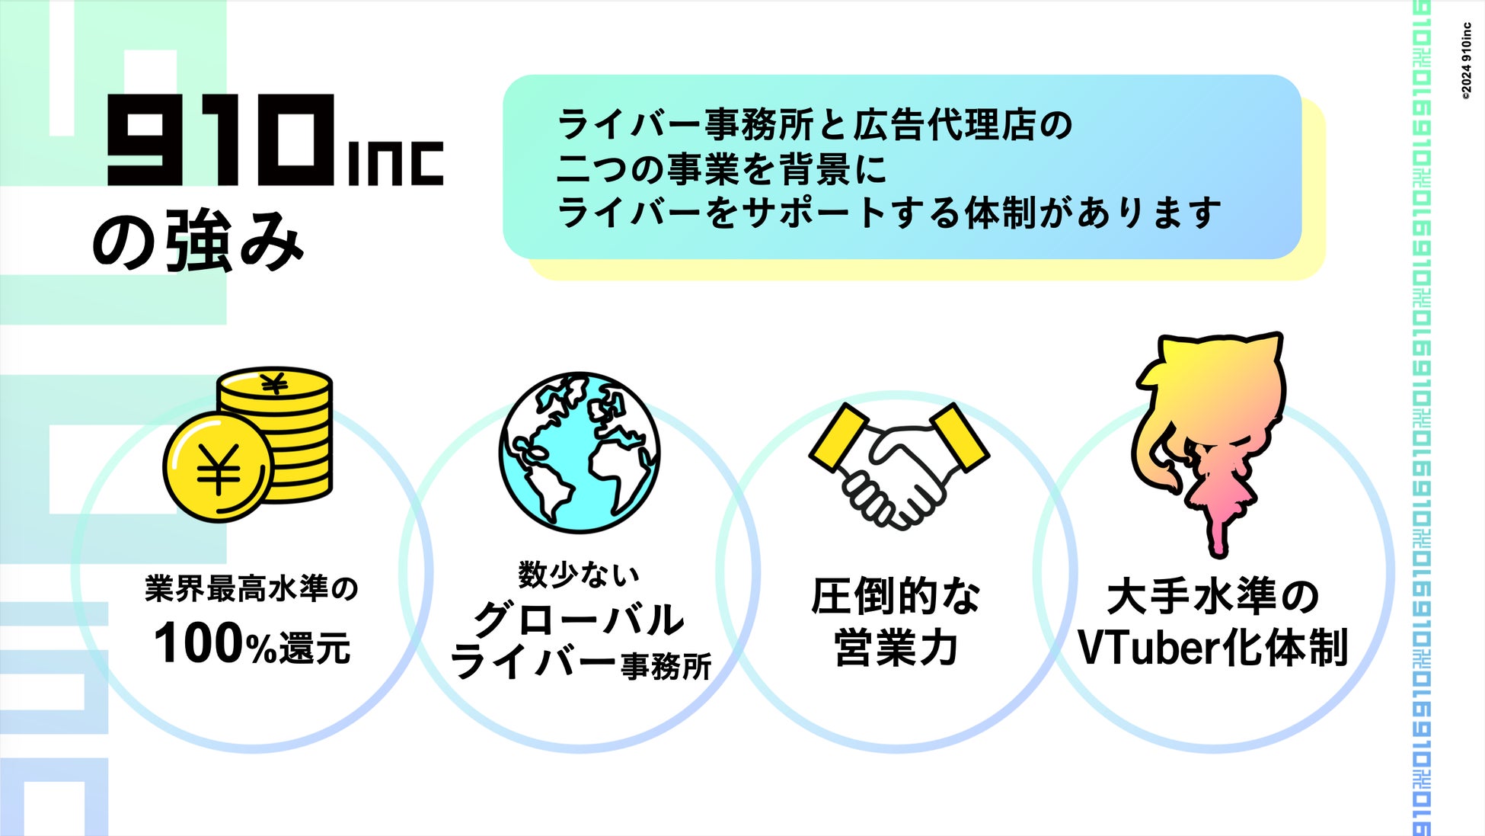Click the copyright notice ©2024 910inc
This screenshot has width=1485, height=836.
(x=1466, y=61)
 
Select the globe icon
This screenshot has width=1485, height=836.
(x=580, y=452)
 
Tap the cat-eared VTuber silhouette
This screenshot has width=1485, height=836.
(x=1211, y=434)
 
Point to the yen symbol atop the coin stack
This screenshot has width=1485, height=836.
(x=274, y=383)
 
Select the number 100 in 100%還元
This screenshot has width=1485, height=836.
(x=199, y=644)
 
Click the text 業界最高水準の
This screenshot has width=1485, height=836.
(x=251, y=589)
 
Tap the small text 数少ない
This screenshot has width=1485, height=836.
(x=579, y=575)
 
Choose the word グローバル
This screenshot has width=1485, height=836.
(x=579, y=619)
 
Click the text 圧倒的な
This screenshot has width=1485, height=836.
(x=896, y=596)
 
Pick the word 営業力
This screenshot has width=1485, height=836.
(x=896, y=648)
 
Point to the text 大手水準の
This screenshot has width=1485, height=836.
(x=1212, y=596)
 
